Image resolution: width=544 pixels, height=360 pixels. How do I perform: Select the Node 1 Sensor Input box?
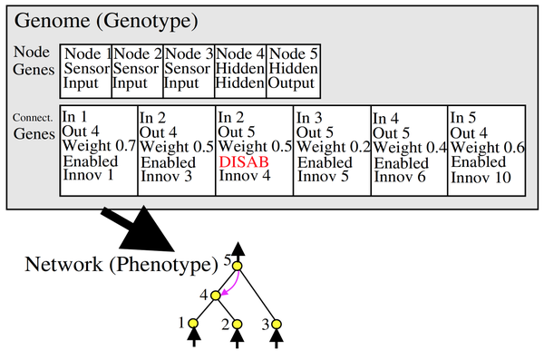click(86, 71)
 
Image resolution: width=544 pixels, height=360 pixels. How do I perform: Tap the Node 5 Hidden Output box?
click(293, 71)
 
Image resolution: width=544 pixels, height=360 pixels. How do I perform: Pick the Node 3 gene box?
click(189, 71)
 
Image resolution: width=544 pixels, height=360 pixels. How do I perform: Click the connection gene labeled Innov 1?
click(98, 151)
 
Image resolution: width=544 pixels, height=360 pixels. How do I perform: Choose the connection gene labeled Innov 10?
click(487, 151)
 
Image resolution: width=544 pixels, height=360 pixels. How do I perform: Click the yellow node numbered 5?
click(237, 266)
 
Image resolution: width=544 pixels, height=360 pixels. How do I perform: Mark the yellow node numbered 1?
click(193, 323)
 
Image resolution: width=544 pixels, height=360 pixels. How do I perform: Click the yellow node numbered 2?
click(237, 323)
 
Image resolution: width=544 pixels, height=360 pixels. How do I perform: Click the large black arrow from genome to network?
click(145, 230)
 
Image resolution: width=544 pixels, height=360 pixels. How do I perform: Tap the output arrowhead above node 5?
click(237, 249)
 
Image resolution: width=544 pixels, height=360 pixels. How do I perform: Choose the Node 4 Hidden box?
click(239, 71)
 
